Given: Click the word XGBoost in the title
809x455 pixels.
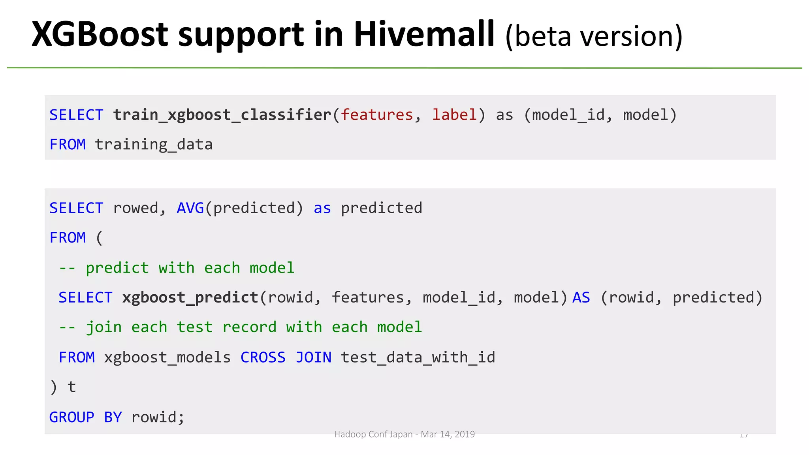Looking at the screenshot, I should tap(100, 34).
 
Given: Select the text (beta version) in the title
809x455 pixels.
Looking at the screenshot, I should tap(594, 36).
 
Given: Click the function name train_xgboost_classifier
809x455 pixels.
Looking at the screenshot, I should tap(222, 115).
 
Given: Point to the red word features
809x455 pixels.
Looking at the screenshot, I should tap(377, 115).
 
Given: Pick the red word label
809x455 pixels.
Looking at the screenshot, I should tap(454, 115).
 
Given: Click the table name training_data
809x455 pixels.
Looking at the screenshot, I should tap(154, 145).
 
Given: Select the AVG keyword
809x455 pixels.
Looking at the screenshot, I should tap(190, 208).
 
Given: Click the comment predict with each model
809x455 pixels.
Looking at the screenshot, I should tap(177, 268).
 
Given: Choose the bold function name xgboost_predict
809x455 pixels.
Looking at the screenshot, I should tap(190, 298).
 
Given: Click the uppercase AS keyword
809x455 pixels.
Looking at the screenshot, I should tap(581, 298).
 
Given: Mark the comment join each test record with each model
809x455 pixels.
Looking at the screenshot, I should tap(240, 327).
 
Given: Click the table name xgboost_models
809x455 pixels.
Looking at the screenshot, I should tap(167, 357).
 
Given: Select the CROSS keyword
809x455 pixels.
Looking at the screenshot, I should tap(263, 357).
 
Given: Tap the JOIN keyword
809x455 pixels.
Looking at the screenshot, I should tap(314, 357).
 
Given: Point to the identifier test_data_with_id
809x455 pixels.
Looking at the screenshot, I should tap(418, 357).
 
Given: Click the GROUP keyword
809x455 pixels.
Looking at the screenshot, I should tap(72, 417).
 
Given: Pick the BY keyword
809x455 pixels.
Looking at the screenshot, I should tap(113, 417).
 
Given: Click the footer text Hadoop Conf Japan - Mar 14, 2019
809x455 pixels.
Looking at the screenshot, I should tap(404, 434).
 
